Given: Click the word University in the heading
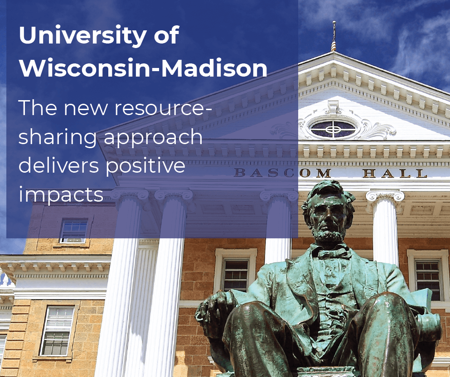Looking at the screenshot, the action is tap(82, 35).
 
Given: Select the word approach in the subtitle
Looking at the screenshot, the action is tap(153, 138).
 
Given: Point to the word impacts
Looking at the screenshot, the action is tap(61, 195).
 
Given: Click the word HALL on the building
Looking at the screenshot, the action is tap(395, 173).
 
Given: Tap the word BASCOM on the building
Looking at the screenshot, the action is tap(282, 173).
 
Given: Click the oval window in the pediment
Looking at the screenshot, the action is tap(333, 128).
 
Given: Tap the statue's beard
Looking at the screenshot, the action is tap(329, 237).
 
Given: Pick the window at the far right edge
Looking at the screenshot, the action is tap(428, 279).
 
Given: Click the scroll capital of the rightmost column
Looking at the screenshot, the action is tap(385, 197).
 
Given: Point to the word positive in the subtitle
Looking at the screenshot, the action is tap(145, 166).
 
